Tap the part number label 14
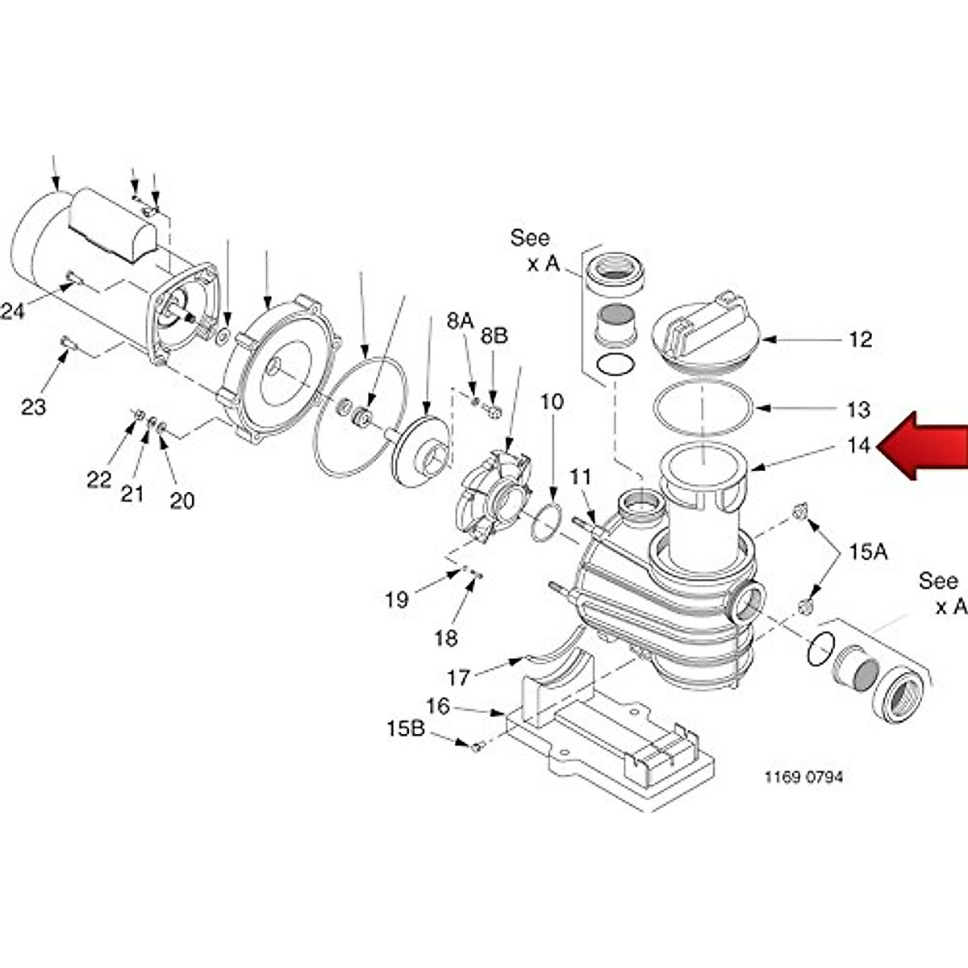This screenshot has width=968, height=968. tap(859, 445)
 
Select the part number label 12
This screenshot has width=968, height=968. tap(861, 340)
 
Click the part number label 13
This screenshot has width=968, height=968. tap(859, 410)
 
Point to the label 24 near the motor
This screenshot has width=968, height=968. tap(12, 311)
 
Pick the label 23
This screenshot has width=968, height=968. tap(33, 407)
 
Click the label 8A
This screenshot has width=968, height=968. tap(461, 321)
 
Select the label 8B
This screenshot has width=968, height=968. tap(494, 336)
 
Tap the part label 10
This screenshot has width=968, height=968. tap(553, 402)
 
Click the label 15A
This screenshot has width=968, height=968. tap(867, 553)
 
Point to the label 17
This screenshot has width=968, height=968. tap(458, 678)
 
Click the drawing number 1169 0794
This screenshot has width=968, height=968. tap(803, 778)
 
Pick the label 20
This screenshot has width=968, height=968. tap(181, 501)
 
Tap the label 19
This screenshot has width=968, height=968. tap(397, 600)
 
